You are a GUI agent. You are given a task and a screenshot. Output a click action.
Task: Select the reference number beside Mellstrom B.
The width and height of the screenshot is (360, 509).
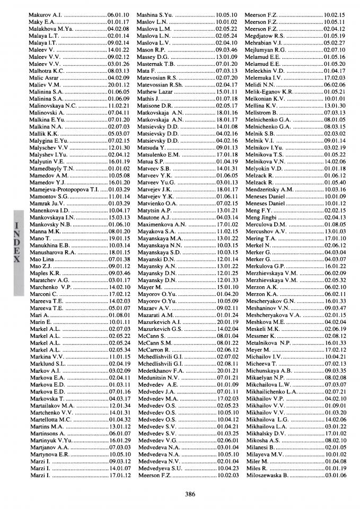tap(335, 112)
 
